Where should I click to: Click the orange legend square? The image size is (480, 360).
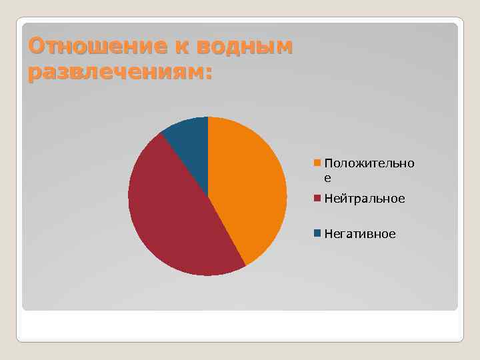[x=318, y=163]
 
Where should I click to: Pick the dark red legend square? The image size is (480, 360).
[x=318, y=198]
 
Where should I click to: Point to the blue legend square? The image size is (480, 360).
[x=318, y=233]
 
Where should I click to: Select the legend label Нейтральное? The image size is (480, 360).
[x=365, y=199]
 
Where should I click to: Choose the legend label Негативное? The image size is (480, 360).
[x=360, y=234]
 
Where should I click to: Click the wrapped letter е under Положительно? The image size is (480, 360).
[x=327, y=178]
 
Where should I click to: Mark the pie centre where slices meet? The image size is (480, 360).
[x=208, y=196]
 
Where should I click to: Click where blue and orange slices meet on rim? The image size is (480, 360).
[x=208, y=117]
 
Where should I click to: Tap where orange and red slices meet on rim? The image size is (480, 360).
[x=245, y=265]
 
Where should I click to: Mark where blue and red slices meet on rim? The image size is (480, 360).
[x=161, y=133]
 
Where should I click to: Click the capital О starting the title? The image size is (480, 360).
[x=35, y=47]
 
